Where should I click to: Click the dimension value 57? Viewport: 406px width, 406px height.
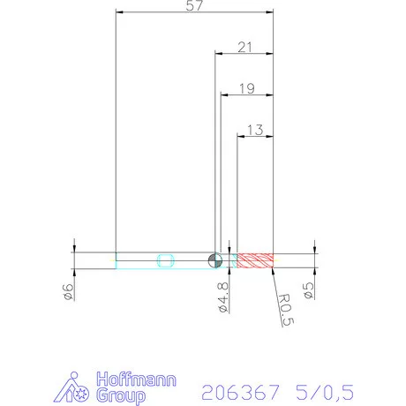pos(196,6)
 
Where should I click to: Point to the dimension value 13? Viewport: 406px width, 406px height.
pos(256,129)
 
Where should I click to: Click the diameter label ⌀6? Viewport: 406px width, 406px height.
pos(69,294)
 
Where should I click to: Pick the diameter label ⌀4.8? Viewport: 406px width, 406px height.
pos(222,297)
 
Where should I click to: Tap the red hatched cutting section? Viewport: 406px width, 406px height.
pos(256,259)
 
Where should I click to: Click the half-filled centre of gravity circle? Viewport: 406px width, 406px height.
pos(214,259)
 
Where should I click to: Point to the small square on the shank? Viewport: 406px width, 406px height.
pos(164,259)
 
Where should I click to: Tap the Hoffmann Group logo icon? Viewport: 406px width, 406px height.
pos(81,387)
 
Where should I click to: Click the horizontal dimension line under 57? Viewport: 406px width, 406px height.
pos(196,13)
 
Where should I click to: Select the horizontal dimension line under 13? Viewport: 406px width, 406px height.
pos(256,136)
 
